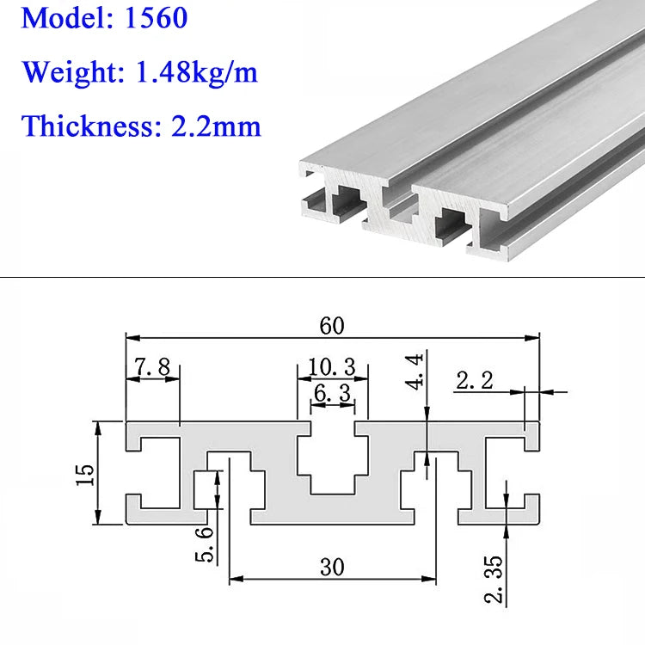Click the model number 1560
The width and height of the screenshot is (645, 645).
click(x=156, y=18)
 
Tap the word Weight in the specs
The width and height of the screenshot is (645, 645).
click(x=73, y=72)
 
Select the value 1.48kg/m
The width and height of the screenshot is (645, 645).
click(x=196, y=71)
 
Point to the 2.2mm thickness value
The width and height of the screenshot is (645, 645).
click(x=216, y=126)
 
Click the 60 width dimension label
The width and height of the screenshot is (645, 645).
click(x=332, y=326)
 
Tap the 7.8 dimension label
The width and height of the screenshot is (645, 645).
click(x=152, y=367)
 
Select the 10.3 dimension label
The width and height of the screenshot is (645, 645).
click(x=332, y=367)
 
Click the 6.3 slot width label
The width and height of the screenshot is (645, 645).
click(x=332, y=393)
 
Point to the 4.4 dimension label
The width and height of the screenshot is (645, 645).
click(x=415, y=372)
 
